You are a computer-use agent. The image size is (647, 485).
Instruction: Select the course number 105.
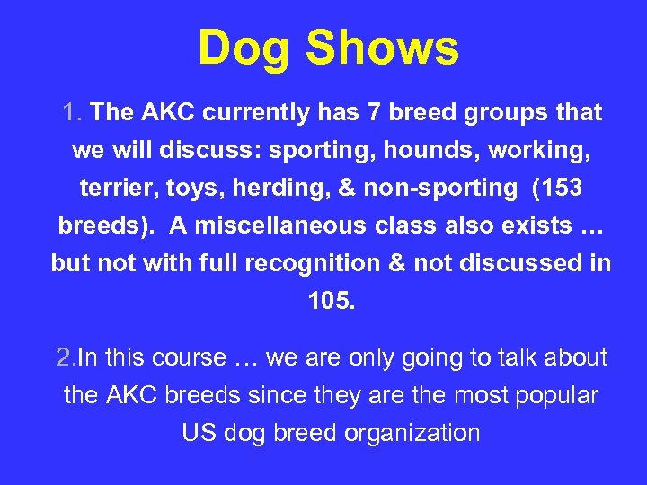point(331,302)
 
